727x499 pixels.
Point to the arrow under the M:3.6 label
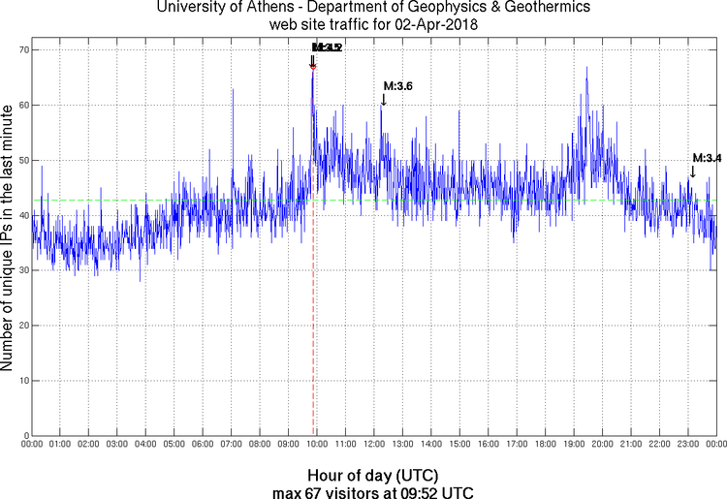click(384, 99)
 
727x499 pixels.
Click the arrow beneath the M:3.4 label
click(692, 172)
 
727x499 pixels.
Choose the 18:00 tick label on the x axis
click(545, 446)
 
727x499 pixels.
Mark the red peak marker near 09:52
click(313, 66)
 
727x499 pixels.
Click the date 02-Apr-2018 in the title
click(433, 24)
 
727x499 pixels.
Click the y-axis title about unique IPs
click(9, 240)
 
